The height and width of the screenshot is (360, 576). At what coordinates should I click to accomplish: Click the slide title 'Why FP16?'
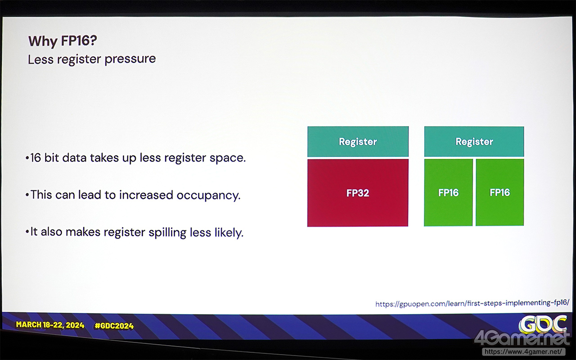(x=63, y=41)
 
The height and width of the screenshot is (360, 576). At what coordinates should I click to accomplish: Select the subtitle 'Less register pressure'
(x=92, y=59)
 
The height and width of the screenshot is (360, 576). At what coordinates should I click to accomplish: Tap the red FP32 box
(x=358, y=193)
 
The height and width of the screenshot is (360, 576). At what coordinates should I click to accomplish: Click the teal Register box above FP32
(x=358, y=141)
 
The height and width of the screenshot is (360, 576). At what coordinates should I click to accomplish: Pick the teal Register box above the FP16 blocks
(x=474, y=141)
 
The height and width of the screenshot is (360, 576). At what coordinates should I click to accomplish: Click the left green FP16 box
(x=448, y=193)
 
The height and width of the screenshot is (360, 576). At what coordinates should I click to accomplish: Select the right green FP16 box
(x=499, y=192)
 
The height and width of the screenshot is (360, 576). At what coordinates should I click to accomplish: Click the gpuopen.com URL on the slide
(x=472, y=303)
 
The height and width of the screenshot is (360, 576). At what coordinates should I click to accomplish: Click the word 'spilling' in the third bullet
(x=167, y=233)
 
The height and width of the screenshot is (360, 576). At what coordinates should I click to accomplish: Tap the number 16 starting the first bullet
(x=36, y=157)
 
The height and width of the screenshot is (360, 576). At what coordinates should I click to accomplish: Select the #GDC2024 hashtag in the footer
(x=114, y=326)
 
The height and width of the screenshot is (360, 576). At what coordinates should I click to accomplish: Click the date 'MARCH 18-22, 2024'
(x=50, y=325)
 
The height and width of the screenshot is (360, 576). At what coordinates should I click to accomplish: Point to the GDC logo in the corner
(x=543, y=324)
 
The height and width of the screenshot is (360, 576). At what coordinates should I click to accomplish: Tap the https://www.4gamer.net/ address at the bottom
(x=523, y=351)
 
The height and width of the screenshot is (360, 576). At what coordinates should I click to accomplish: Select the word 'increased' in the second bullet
(x=146, y=195)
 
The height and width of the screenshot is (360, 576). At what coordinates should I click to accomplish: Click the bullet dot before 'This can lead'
(x=27, y=195)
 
